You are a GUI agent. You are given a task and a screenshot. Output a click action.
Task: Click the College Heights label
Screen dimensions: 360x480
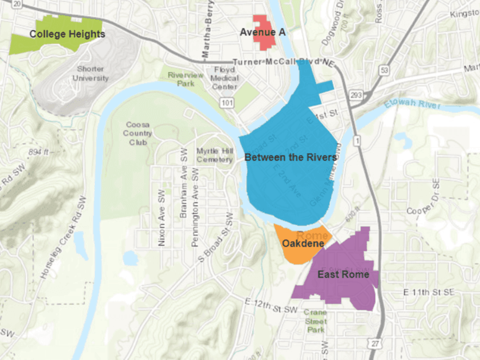(x=66, y=34)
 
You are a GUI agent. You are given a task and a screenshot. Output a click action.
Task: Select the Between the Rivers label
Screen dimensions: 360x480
(x=290, y=157)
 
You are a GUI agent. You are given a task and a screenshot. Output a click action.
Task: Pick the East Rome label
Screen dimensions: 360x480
(x=343, y=274)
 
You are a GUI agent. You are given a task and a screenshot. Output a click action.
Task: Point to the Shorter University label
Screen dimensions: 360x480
(x=91, y=74)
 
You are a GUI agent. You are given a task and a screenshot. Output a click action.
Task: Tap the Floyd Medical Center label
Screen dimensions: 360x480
(x=224, y=79)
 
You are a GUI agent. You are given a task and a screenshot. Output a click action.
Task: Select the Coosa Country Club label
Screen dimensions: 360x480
(x=138, y=133)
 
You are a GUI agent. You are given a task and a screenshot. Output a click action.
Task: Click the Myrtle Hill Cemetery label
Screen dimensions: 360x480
(x=214, y=155)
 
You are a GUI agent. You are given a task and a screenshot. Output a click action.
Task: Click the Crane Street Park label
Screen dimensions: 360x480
(x=315, y=321)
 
